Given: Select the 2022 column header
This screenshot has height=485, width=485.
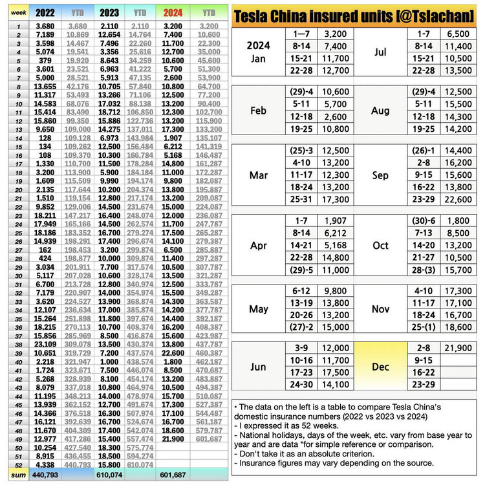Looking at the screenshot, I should pyautogui.click(x=45, y=12).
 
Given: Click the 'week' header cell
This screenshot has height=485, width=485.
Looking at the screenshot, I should pyautogui.click(x=18, y=12).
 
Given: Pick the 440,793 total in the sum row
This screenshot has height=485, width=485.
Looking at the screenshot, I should pyautogui.click(x=45, y=475).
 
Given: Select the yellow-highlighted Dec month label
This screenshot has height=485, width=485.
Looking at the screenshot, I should pyautogui.click(x=380, y=367).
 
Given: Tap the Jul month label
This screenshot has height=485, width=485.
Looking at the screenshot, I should pyautogui.click(x=380, y=52).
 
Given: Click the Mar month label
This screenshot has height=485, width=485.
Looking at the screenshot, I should pyautogui.click(x=258, y=176).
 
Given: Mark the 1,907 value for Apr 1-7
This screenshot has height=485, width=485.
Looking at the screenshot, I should pyautogui.click(x=329, y=221).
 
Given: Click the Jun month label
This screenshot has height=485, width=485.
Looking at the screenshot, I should pyautogui.click(x=258, y=367).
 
